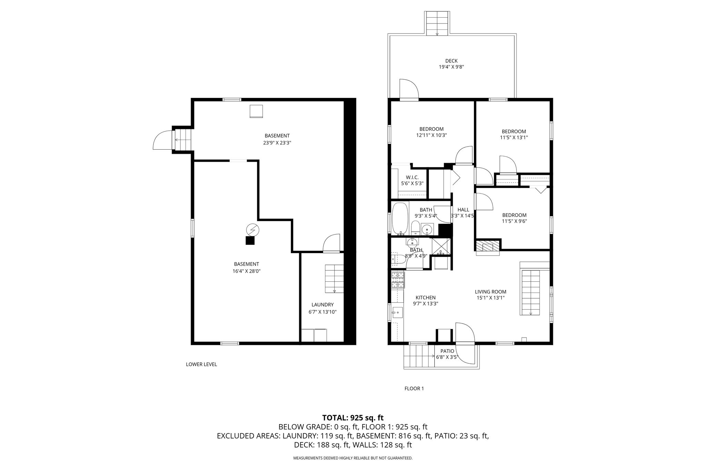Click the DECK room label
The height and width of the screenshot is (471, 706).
tap(451, 61)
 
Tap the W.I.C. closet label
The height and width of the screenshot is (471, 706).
tap(412, 177)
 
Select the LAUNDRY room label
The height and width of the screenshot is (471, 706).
tap(322, 305)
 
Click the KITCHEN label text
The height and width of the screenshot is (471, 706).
tap(425, 298)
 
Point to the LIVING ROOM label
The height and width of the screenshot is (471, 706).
tap(491, 292)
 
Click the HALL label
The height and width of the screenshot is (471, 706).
tap(463, 210)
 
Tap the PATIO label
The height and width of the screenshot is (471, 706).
tap(447, 351)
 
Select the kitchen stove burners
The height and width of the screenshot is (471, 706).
tap(397, 280)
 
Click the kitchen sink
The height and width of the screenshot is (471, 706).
tap(397, 313)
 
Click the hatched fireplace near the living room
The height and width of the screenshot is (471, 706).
tap(487, 246)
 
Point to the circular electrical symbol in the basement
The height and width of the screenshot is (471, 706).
tap(253, 230)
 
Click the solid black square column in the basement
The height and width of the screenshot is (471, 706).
tap(250, 241)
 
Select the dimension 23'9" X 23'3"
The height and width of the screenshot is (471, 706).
tap(277, 142)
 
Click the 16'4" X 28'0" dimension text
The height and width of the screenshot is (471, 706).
tap(246, 271)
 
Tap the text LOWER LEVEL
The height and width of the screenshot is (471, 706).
tap(201, 364)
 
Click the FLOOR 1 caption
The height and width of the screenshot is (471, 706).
tap(414, 389)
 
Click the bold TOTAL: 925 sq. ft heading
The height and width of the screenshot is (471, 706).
tap(353, 418)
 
